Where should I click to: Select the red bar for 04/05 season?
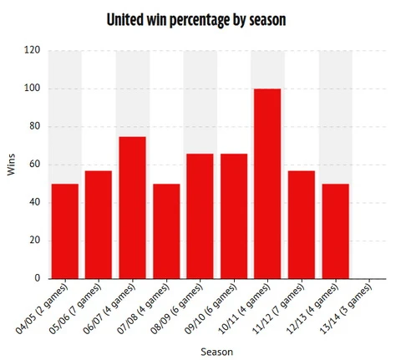(x=65, y=231)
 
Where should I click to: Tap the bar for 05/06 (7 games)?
(x=99, y=225)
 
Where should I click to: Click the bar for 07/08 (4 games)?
(x=166, y=231)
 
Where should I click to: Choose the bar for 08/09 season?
(x=200, y=216)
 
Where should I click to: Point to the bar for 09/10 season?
(x=234, y=216)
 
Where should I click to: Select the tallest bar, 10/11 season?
(x=267, y=184)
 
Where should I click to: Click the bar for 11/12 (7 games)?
(x=301, y=225)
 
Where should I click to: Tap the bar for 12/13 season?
(x=334, y=231)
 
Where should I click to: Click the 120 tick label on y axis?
(x=33, y=50)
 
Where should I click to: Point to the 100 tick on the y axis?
(x=33, y=89)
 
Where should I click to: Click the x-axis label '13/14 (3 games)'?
(x=351, y=309)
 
